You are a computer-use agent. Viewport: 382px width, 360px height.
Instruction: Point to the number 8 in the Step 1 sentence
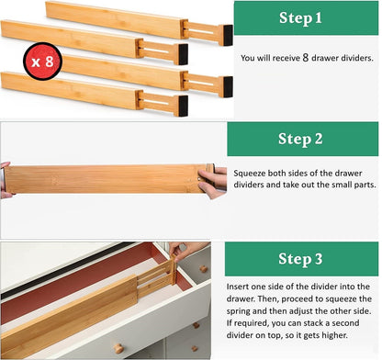pos(304,57)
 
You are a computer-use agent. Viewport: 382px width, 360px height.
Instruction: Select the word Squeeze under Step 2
pos(250,170)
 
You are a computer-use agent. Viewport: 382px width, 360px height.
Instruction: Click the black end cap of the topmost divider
pos(225,34)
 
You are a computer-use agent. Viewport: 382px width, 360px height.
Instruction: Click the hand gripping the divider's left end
pos(6,179)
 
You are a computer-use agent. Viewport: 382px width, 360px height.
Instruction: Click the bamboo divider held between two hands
pos(106,178)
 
